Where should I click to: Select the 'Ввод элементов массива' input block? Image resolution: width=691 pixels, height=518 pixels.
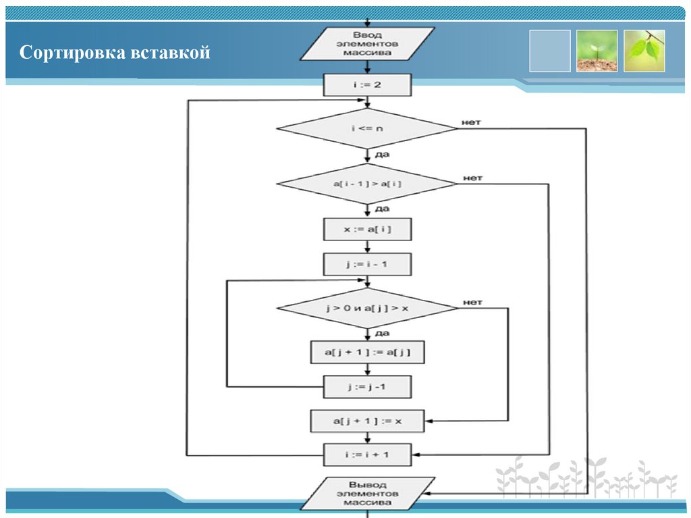[367, 43]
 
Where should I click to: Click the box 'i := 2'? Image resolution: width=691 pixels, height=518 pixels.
[367, 85]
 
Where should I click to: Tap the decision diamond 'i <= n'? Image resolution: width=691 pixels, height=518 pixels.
[367, 128]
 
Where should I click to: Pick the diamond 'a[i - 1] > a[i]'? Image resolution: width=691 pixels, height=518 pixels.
[367, 184]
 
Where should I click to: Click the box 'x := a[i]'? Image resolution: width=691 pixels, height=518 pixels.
[367, 230]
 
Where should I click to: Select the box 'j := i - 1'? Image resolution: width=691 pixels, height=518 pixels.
[367, 264]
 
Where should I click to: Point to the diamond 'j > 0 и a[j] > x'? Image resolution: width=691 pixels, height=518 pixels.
[367, 309]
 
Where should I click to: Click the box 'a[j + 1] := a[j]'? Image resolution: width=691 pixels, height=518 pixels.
[367, 352]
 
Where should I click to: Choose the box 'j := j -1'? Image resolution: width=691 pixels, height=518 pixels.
[367, 387]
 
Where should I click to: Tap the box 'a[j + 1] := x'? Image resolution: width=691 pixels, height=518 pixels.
[367, 421]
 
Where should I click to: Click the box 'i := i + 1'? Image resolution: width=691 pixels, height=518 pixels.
[367, 454]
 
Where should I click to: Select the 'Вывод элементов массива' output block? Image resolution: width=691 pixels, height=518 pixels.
[367, 494]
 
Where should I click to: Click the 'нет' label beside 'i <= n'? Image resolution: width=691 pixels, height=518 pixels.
[471, 123]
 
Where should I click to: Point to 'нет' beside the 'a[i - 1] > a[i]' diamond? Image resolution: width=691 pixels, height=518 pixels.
[472, 178]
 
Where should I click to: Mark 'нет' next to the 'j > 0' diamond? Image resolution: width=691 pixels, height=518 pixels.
[472, 303]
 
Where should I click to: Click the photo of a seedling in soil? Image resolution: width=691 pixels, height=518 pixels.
[597, 51]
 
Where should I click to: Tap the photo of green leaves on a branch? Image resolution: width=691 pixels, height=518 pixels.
[644, 51]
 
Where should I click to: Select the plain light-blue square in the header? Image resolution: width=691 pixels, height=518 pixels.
[549, 51]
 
